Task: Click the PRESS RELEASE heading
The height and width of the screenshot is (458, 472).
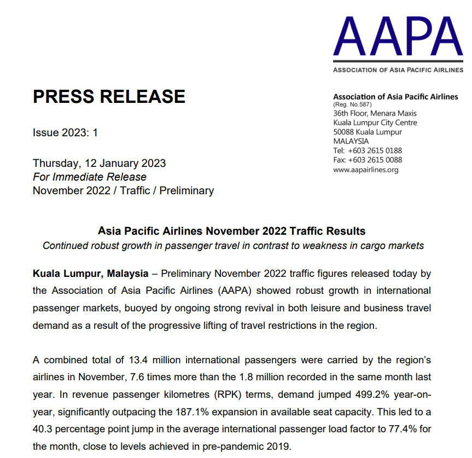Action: (109, 97)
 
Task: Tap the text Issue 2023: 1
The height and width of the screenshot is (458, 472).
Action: (65, 132)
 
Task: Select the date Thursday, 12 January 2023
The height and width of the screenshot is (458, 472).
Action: (99, 163)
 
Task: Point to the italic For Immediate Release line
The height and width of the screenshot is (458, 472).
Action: (90, 177)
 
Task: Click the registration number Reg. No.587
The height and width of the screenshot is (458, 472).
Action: (352, 105)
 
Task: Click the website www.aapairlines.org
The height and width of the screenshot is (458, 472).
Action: (366, 170)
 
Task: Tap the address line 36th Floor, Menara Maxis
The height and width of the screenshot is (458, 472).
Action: (375, 113)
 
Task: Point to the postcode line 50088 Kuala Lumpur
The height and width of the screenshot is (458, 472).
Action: (368, 132)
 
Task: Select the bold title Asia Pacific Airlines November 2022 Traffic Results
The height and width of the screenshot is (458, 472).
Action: (231, 231)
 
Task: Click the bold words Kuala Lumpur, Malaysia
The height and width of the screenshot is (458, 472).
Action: (90, 273)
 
